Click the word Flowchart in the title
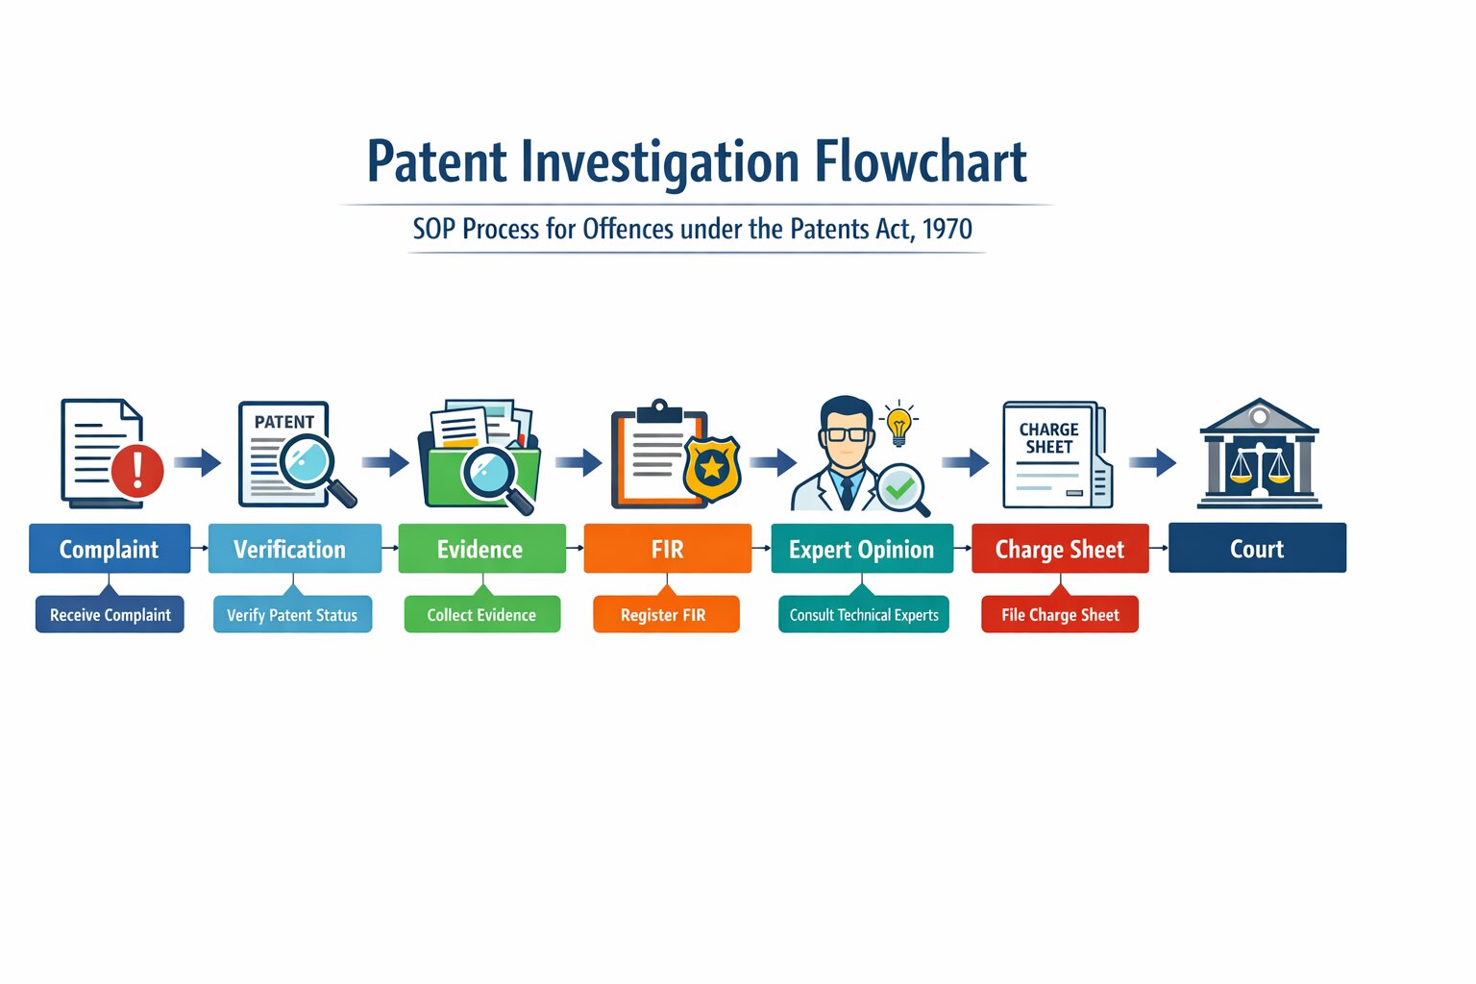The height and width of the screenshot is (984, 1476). [921, 161]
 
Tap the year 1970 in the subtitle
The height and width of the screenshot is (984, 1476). [947, 229]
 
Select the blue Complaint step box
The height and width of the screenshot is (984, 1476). [110, 549]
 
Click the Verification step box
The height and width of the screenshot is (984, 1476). [294, 549]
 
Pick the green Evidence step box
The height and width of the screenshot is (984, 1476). [481, 549]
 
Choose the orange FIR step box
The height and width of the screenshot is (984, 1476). [667, 549]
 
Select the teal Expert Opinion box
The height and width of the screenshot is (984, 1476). [862, 549]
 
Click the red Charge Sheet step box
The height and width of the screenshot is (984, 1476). [1060, 549]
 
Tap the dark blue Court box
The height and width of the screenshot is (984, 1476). [1257, 548]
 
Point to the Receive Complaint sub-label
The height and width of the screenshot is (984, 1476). [110, 615]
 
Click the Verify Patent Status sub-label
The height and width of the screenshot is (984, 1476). [292, 615]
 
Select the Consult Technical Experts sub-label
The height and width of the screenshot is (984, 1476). [864, 615]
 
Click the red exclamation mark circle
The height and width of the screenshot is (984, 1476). [137, 471]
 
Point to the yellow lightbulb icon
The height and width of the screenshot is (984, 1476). [898, 424]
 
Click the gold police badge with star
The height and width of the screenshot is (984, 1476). [712, 469]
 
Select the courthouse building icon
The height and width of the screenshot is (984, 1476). [1259, 454]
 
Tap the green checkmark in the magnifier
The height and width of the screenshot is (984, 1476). [900, 489]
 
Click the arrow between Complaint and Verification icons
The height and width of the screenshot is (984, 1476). [198, 462]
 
